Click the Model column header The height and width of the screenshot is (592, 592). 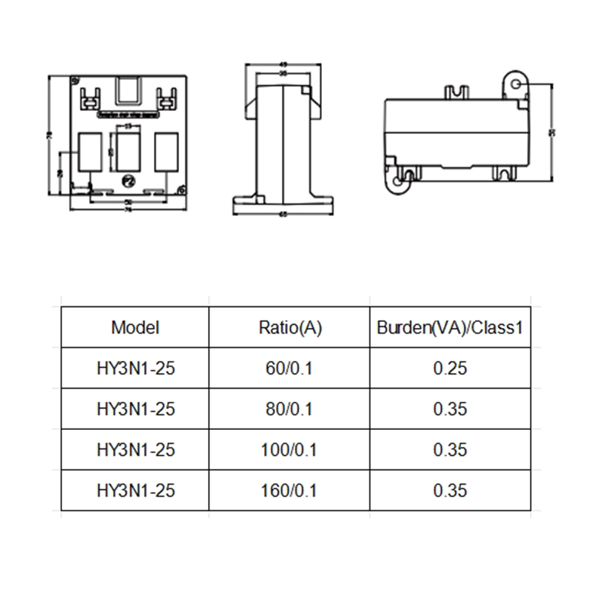point(135,327)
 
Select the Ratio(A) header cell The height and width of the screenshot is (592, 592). point(290,327)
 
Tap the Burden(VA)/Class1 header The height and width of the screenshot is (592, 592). point(450,327)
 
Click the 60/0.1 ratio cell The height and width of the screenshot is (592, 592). point(290,368)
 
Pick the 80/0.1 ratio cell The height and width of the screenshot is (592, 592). point(290,408)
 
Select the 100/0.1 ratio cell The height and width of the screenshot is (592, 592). point(290,449)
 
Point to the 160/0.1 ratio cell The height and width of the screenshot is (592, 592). point(290,490)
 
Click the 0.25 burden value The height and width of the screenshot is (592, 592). point(450,368)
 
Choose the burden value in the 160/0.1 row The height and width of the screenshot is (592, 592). point(450,490)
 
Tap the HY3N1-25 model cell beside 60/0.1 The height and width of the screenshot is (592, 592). point(135,368)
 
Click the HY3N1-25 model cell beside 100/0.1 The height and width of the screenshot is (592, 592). point(135,449)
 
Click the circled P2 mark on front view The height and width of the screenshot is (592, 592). point(128,180)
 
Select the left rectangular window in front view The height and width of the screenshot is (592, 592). point(90,152)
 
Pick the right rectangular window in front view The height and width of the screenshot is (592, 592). point(166,152)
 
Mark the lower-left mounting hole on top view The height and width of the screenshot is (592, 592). point(398,180)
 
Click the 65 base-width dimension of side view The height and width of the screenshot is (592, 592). point(283,215)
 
